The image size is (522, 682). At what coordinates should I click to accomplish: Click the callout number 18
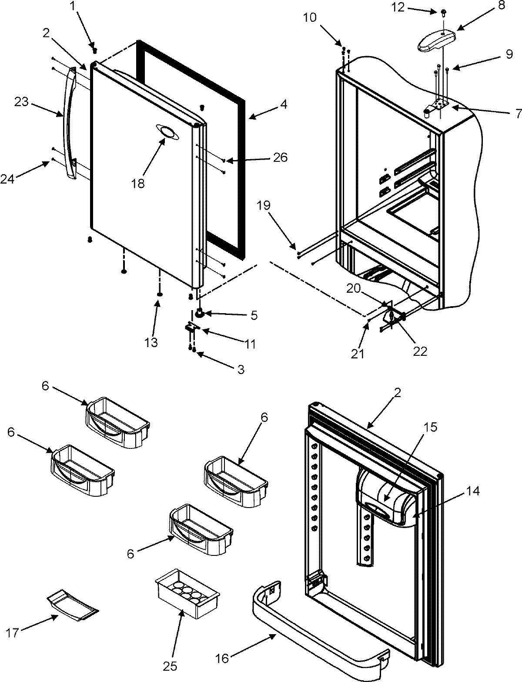coord(138,184)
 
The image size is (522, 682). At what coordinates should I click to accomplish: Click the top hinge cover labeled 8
coord(436,42)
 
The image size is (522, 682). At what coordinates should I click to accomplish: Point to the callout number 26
coord(281,157)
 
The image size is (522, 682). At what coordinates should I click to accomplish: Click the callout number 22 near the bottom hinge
coord(420,351)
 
